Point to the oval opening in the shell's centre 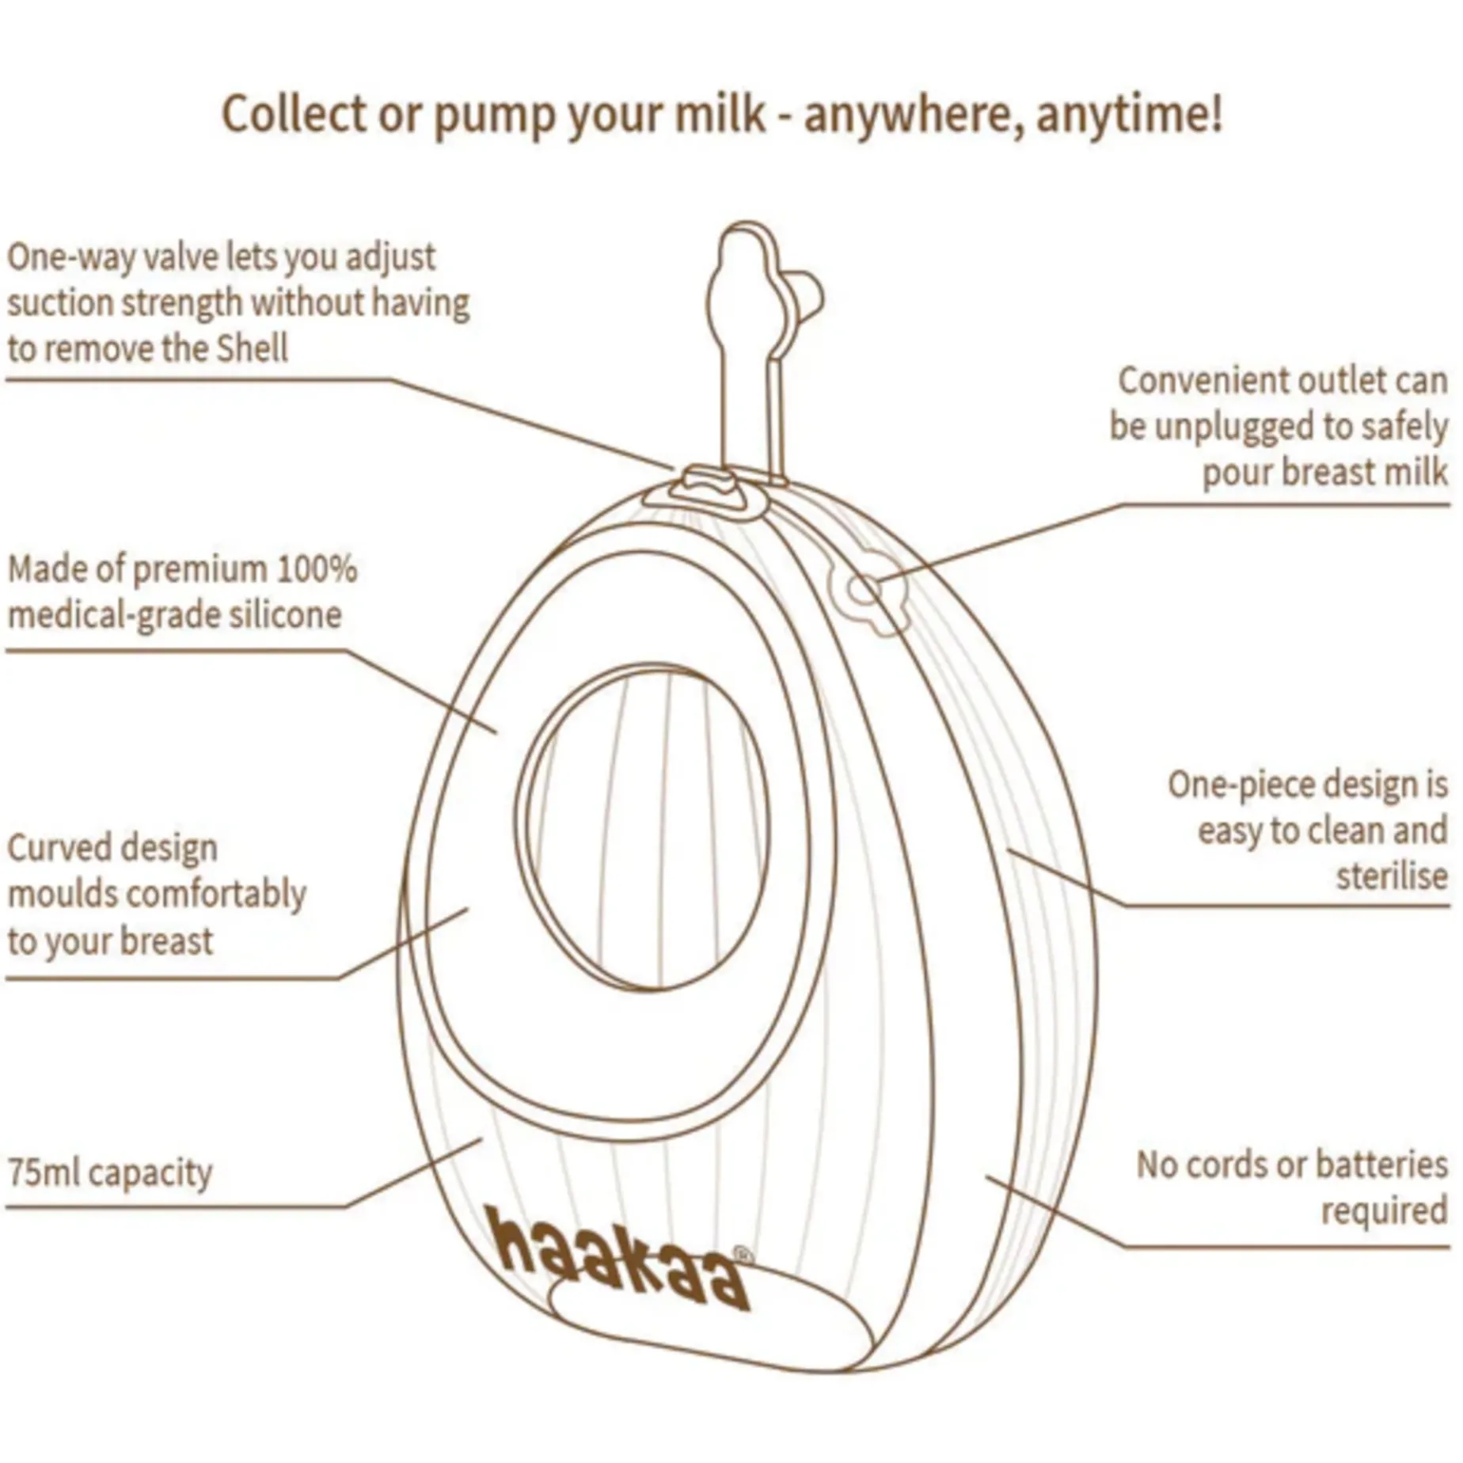tap(640, 827)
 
